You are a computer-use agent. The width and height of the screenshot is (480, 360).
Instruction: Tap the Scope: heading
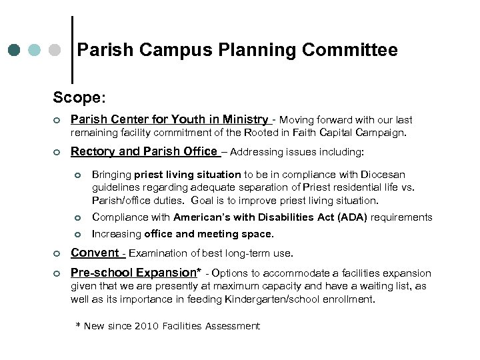(x=79, y=97)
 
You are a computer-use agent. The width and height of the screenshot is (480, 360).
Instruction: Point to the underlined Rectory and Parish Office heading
(x=145, y=151)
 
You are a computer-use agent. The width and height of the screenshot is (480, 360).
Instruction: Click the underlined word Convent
(x=95, y=253)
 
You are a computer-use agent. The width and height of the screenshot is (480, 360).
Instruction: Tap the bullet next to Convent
(x=57, y=253)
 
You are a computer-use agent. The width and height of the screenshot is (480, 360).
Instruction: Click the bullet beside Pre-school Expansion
(x=57, y=273)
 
